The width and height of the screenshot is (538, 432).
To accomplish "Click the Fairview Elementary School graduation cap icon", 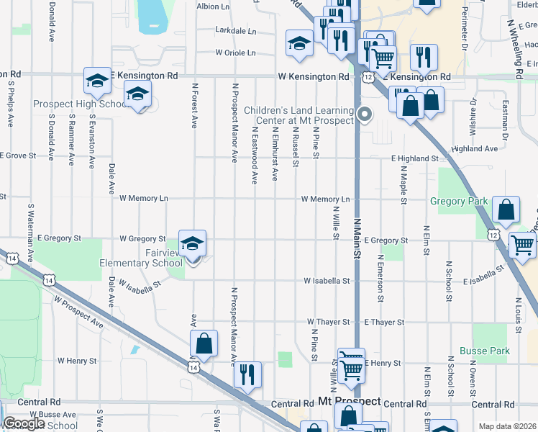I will (193, 243).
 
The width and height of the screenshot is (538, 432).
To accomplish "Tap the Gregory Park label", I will (459, 202).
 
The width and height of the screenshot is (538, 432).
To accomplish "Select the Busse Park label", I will (491, 351).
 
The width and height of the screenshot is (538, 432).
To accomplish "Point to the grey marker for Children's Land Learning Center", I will (365, 114).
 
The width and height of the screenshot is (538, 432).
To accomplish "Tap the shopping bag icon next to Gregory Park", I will (506, 211).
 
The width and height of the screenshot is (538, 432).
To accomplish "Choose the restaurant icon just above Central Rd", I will (247, 375).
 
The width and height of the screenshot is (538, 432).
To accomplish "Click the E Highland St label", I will (415, 158).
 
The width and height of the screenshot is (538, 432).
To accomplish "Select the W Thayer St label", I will (328, 322).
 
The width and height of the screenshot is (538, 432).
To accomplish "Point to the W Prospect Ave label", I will (78, 315).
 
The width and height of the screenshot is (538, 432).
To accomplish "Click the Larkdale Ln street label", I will (236, 32).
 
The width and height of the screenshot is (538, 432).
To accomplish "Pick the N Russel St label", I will (296, 148).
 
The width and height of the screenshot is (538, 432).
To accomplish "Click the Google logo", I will (24, 423).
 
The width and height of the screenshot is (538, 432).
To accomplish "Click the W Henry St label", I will (77, 360).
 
